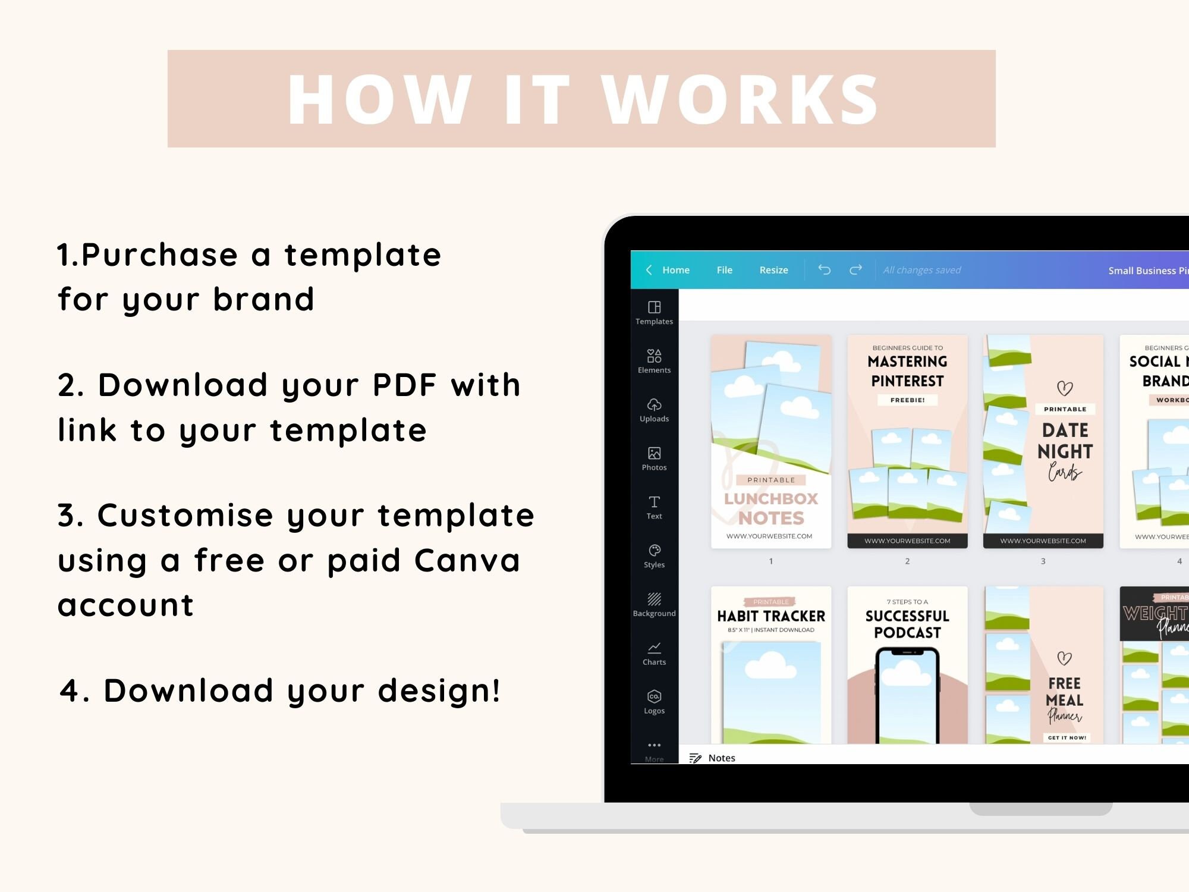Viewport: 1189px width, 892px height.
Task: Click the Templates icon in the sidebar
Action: click(654, 307)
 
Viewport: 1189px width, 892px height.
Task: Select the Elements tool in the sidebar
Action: click(654, 356)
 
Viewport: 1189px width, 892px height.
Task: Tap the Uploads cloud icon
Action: click(654, 405)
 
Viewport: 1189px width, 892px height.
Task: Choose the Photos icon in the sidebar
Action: click(654, 454)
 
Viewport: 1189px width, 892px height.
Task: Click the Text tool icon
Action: click(654, 502)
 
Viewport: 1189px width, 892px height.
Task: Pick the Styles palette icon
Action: click(654, 551)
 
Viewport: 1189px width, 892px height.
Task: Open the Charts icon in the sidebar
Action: click(654, 648)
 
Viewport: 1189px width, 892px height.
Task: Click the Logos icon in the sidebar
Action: click(654, 696)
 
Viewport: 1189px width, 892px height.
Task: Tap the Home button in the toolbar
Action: click(675, 270)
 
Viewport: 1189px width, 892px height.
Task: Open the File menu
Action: click(724, 270)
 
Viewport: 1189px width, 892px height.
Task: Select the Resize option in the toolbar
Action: click(773, 270)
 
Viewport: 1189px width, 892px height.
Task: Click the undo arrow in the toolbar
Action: click(824, 270)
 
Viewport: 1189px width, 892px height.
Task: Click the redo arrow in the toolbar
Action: click(855, 270)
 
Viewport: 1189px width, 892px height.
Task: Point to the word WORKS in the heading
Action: click(740, 100)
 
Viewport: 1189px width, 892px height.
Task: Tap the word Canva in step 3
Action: click(467, 560)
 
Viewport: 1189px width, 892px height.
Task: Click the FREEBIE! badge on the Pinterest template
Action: click(907, 400)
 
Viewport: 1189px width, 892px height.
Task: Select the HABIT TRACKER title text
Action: click(771, 616)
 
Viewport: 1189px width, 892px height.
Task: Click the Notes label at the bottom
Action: click(721, 758)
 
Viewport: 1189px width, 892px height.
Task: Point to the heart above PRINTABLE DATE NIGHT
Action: click(1065, 388)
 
